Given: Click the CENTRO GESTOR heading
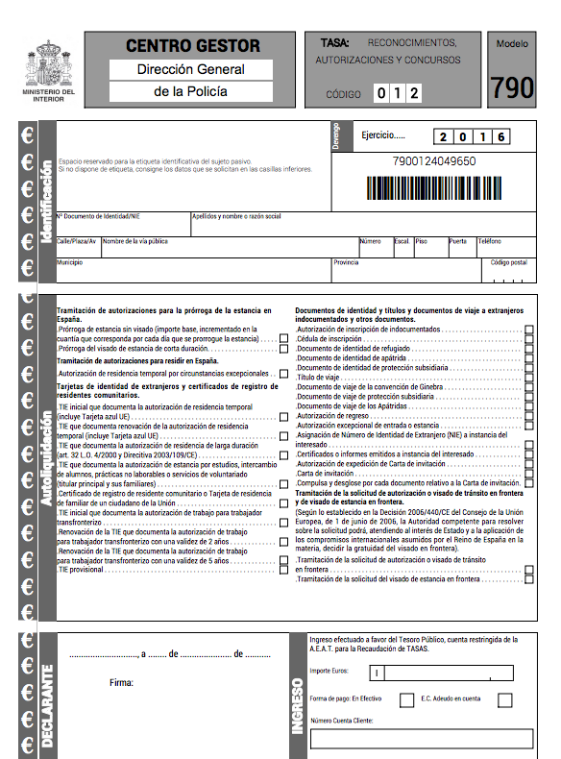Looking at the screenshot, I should click(x=193, y=45).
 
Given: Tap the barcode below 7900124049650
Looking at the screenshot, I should click(x=434, y=186).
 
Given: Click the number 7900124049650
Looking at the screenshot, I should click(x=434, y=161).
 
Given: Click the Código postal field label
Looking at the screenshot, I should click(x=508, y=262).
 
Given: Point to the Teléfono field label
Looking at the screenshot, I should click(x=489, y=241).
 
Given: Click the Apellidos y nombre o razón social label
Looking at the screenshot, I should click(x=236, y=217).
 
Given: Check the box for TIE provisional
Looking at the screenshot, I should click(x=283, y=571).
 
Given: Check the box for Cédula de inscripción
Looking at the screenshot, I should click(x=529, y=339).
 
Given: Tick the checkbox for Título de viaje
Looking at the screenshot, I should click(x=529, y=378).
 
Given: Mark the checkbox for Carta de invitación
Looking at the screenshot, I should click(x=529, y=474).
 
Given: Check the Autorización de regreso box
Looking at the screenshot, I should click(x=529, y=416).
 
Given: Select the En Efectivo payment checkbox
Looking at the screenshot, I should click(x=397, y=699).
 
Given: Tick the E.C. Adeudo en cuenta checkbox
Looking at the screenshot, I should click(x=504, y=699).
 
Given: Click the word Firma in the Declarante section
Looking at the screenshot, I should click(x=122, y=683).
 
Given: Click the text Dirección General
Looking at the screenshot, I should click(x=190, y=69).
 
